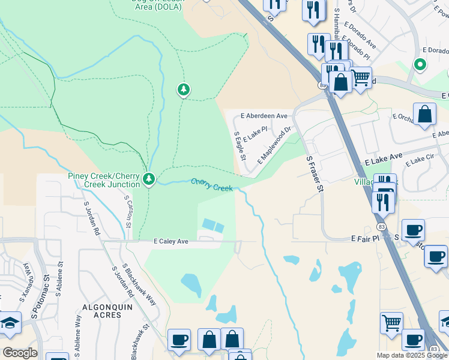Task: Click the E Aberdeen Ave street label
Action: coord(264,116)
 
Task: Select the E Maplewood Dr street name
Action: coord(274,145)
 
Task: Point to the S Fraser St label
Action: coord(315,175)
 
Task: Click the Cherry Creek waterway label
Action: coord(212,185)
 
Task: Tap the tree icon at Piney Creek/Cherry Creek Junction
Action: coord(149,179)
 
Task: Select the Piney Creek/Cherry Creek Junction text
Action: coord(105,180)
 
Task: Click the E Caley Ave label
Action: coord(171,241)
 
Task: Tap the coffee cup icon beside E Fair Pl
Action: coord(413,230)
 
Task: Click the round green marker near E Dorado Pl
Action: coord(420,64)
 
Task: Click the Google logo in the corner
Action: coord(20,352)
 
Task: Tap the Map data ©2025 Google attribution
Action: coord(411,355)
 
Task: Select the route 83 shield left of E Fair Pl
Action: coord(382,226)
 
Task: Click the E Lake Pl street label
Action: coord(255,133)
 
